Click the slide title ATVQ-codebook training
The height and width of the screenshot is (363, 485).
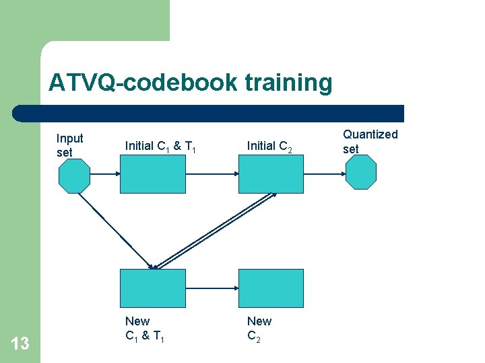tap(190, 83)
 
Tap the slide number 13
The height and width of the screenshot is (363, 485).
tap(20, 344)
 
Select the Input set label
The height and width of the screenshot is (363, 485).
tap(69, 145)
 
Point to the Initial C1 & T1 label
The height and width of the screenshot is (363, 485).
tap(160, 146)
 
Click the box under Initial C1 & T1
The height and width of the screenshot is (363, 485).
tap(152, 173)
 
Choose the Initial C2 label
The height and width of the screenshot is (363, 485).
tap(269, 146)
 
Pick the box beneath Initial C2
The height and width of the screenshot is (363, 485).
tap(271, 173)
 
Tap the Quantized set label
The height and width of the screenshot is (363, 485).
tap(370, 141)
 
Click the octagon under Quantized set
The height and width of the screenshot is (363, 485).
tap(361, 173)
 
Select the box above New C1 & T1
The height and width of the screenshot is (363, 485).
tap(152, 288)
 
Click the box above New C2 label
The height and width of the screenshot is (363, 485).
tap(271, 288)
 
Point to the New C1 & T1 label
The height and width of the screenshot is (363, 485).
tap(144, 329)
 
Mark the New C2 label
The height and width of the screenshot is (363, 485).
tap(259, 329)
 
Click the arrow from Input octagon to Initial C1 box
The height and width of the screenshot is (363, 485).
tap(105, 173)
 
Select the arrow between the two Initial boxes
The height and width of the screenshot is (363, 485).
tap(212, 173)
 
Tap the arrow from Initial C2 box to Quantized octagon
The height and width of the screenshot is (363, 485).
tap(325, 173)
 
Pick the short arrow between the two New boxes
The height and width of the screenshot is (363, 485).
tap(212, 288)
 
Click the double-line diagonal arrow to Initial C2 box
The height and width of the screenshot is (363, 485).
tap(216, 230)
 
